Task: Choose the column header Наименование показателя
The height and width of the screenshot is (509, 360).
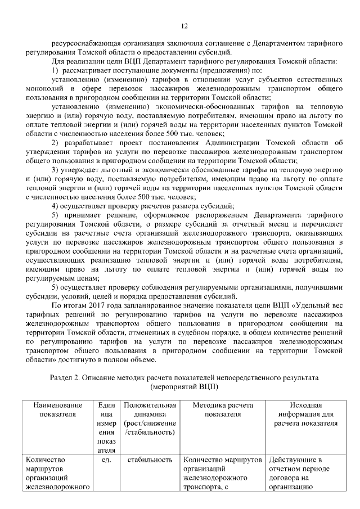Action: point(57,409)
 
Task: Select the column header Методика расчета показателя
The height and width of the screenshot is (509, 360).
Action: point(223,409)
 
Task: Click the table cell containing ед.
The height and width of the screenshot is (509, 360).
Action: point(105,460)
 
